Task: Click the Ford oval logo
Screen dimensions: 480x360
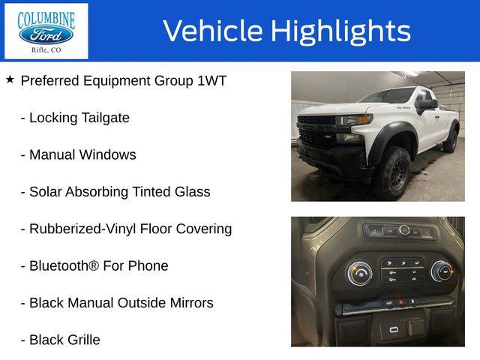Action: tap(46, 34)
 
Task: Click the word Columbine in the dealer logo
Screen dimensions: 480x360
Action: tap(46, 20)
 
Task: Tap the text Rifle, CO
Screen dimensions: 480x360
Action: tap(46, 50)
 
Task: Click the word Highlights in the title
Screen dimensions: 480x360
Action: tap(340, 31)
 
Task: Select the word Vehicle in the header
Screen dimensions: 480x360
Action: tap(213, 30)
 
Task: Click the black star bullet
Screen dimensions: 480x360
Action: tap(10, 79)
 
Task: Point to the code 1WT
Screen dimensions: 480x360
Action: tap(211, 81)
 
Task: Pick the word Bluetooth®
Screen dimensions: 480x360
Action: tap(64, 265)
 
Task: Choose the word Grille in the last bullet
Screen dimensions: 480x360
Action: tap(84, 340)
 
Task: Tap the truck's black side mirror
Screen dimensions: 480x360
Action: tap(426, 105)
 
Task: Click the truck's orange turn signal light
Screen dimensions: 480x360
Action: tap(364, 119)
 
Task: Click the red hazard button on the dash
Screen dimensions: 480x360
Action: tap(400, 303)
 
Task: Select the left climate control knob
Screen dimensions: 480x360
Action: tap(360, 273)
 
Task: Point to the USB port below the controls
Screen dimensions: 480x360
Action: tap(394, 330)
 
